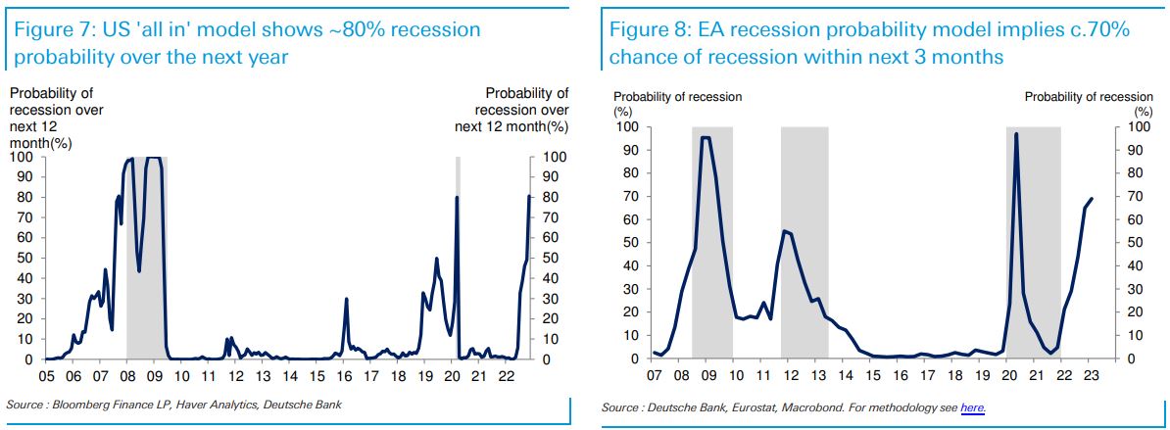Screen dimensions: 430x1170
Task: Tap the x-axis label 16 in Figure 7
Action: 344,376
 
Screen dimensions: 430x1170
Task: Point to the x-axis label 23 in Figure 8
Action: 1092,375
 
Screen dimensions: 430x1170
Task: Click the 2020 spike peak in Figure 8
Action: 1016,134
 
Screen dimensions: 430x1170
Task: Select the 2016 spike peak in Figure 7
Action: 346,300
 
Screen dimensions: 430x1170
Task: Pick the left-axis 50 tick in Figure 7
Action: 22,259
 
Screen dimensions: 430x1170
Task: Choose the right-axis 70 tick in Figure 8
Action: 1137,196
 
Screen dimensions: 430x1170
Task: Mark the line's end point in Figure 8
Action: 1092,199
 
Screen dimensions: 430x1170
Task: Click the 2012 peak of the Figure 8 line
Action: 784,230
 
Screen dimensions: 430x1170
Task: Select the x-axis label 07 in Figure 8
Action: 654,375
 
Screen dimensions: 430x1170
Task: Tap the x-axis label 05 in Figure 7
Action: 46,376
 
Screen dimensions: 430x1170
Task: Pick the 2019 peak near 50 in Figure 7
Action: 436,259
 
